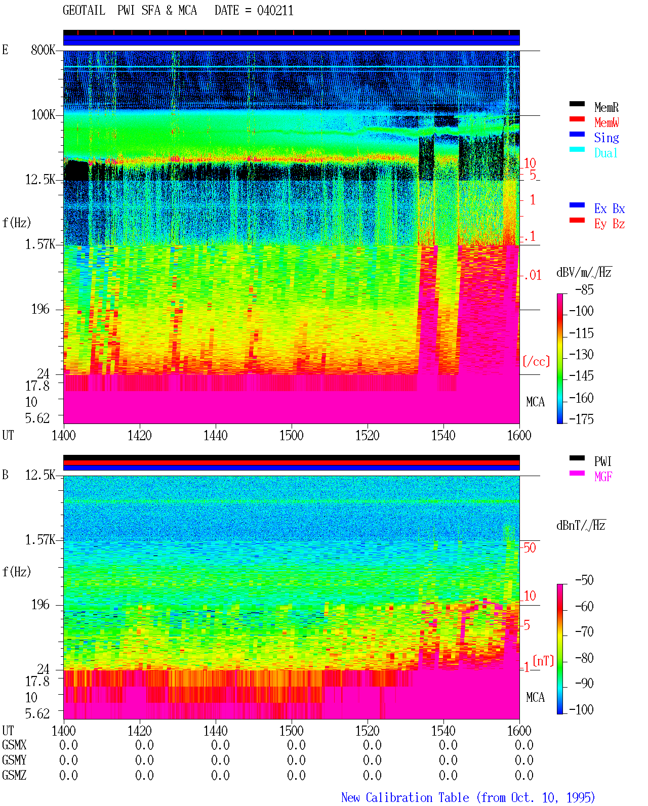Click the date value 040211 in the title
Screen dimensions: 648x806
[275, 11]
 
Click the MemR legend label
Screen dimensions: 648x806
[606, 107]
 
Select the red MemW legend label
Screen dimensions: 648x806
[606, 122]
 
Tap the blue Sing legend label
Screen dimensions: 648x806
[606, 138]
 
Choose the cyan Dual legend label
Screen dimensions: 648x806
[605, 153]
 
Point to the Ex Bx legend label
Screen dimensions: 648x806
[609, 208]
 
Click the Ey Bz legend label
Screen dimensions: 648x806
[609, 224]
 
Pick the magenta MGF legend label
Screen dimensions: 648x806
[603, 477]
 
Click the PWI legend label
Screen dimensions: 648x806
[602, 461]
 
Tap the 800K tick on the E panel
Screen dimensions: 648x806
[43, 50]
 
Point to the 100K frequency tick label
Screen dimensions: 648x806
[43, 115]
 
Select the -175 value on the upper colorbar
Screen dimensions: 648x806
[581, 419]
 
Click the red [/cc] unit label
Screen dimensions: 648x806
[536, 361]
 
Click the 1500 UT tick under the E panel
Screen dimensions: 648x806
[291, 436]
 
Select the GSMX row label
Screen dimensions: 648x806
[14, 745]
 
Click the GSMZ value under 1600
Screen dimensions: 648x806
[524, 775]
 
